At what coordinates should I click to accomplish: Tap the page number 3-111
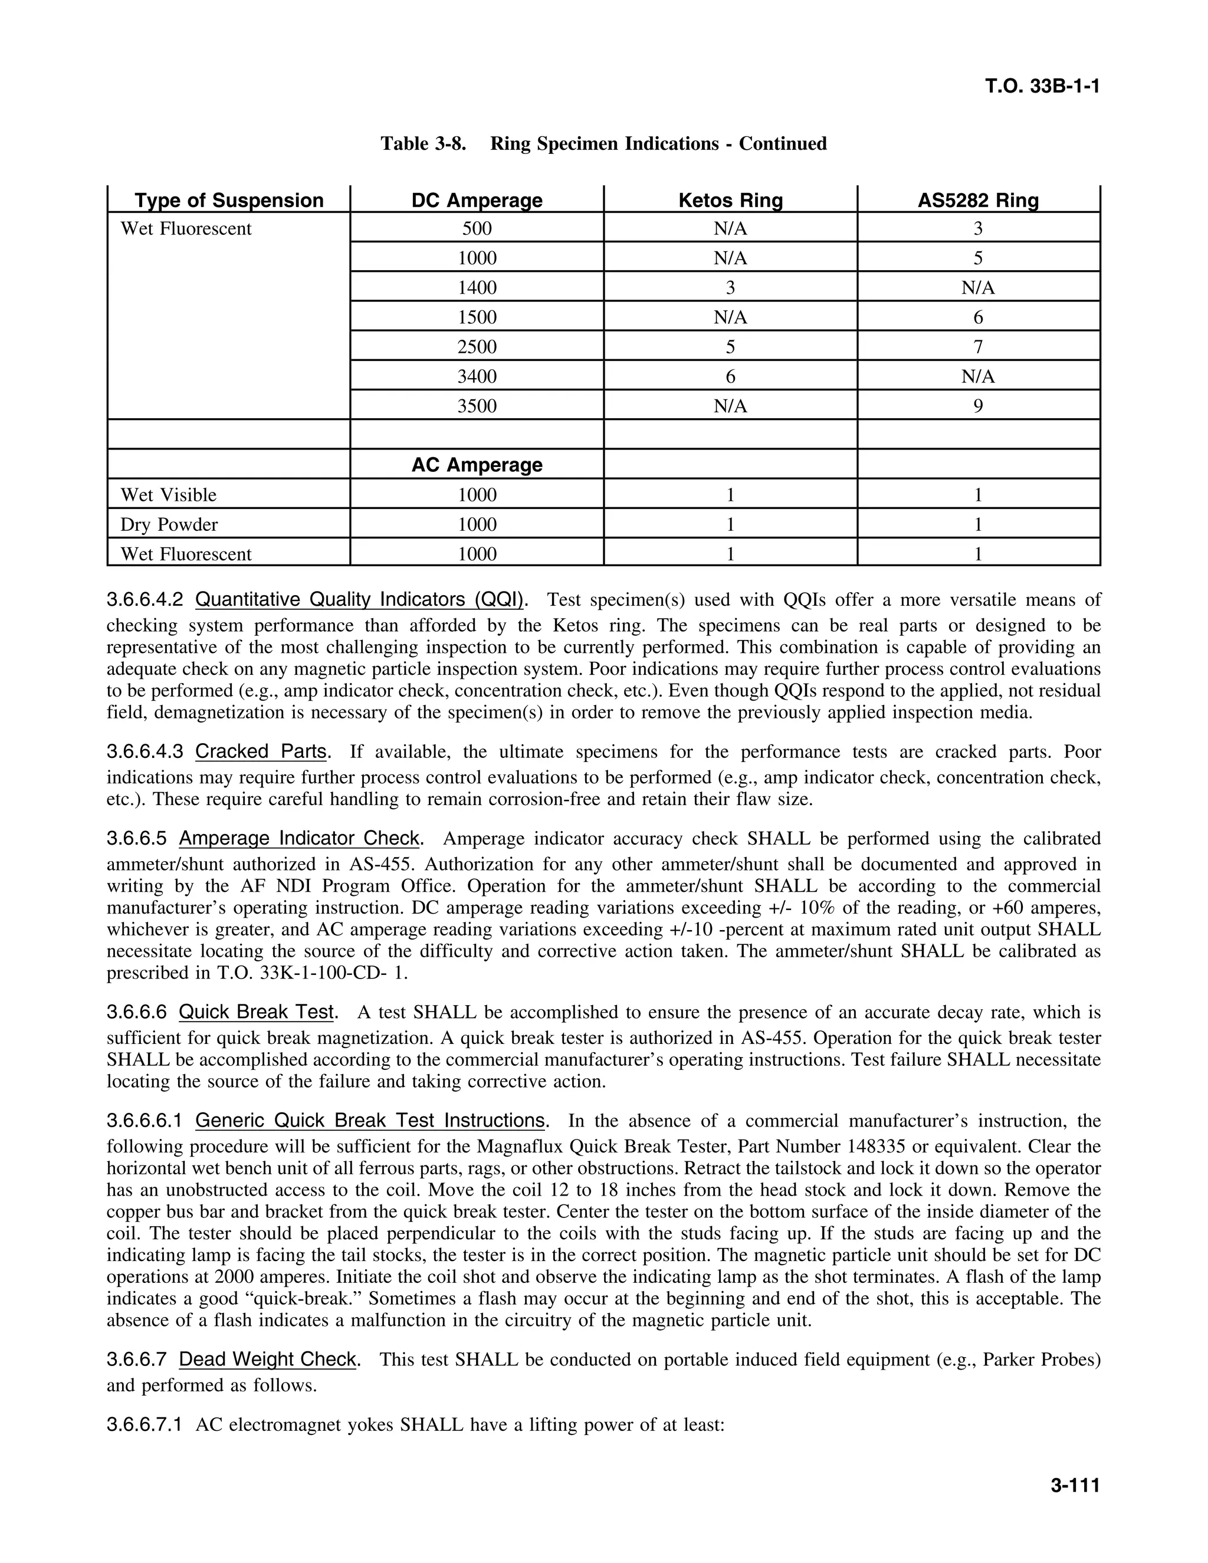point(1074,1486)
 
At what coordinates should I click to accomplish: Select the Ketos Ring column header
point(730,201)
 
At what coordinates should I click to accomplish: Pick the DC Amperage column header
point(477,201)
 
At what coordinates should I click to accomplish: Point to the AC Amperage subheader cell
point(477,465)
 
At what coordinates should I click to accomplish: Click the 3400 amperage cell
point(477,376)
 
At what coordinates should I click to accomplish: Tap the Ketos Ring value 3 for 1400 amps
point(730,288)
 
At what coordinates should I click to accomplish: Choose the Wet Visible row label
point(168,495)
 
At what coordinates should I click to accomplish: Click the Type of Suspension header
point(229,201)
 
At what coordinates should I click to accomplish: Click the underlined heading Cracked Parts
point(261,751)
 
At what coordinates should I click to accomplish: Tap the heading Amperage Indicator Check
point(299,838)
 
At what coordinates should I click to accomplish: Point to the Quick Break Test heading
point(256,1012)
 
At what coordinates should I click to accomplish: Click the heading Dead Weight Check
point(268,1359)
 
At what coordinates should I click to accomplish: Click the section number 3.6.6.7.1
point(144,1425)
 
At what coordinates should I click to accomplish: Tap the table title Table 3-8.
point(423,144)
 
